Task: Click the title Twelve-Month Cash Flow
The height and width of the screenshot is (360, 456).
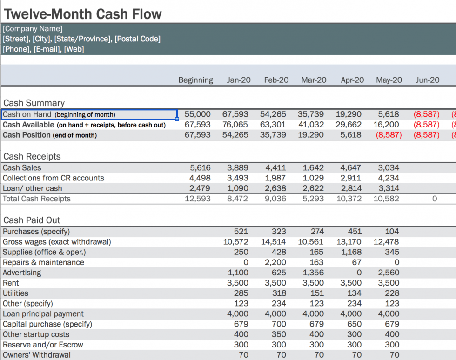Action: point(83,14)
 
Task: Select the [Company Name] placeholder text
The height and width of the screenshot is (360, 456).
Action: point(33,29)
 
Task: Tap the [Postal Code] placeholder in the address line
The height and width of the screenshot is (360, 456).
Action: point(137,39)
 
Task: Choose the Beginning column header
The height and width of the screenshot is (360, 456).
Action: point(195,80)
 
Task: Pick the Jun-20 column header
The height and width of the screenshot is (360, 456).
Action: point(427,80)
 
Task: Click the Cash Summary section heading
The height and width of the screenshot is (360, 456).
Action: point(34,103)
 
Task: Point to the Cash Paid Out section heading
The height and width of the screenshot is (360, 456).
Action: point(32,220)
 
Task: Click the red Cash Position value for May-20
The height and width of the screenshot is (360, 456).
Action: point(389,135)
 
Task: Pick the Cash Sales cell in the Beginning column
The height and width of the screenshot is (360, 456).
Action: point(200,168)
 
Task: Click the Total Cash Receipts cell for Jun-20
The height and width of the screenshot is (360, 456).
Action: point(434,199)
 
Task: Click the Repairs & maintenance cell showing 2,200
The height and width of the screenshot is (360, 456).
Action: point(275,262)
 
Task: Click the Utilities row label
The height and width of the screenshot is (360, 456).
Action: point(16,293)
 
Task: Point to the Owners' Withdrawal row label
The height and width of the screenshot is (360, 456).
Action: point(37,355)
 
